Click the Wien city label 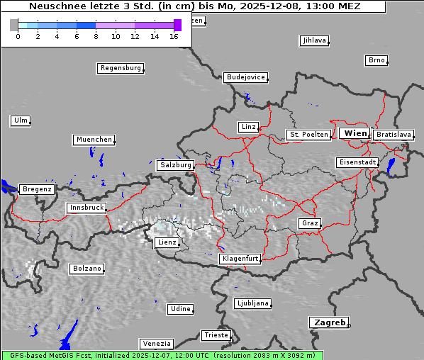[x=355, y=133]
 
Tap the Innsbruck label [x=87, y=208]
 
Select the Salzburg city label [x=176, y=165]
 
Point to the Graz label [x=310, y=224]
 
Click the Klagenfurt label [x=240, y=259]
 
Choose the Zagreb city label [x=328, y=322]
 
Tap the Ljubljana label [x=252, y=303]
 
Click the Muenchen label [x=94, y=140]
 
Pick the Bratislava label [x=393, y=135]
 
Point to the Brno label [x=376, y=60]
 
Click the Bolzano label [x=87, y=269]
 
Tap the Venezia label [x=156, y=344]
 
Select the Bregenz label [x=37, y=190]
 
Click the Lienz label [x=167, y=243]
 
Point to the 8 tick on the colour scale [x=96, y=36]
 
